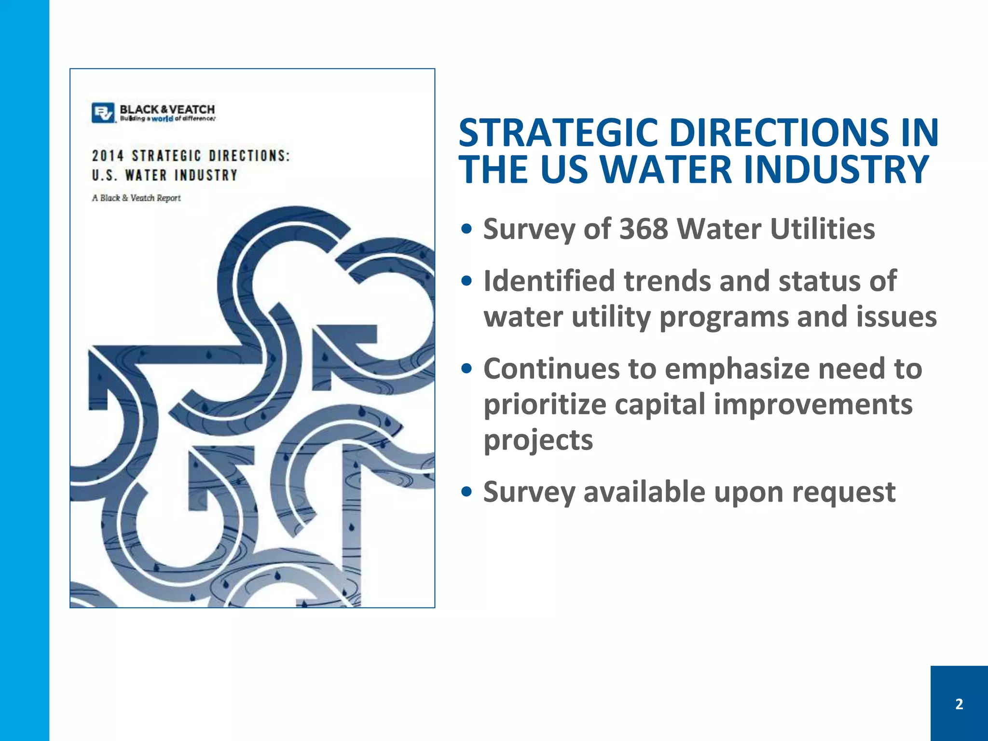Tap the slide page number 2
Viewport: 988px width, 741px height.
tap(959, 704)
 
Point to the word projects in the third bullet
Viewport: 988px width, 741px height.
tap(538, 440)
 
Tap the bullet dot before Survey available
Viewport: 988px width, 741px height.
tap(466, 493)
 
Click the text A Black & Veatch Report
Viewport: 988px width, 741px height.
tap(137, 198)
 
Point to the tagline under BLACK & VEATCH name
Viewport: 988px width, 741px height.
tap(167, 119)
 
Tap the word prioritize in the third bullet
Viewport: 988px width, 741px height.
tap(545, 404)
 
